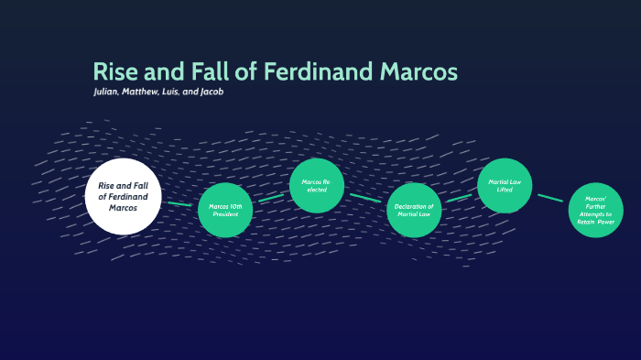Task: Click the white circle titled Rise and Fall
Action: pyautogui.click(x=124, y=196)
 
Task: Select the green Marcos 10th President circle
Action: pyautogui.click(x=224, y=210)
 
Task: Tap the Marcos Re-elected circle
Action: pyautogui.click(x=316, y=186)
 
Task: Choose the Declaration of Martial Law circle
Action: pyautogui.click(x=414, y=211)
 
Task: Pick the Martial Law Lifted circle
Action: pyautogui.click(x=505, y=186)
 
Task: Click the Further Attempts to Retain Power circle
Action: pyautogui.click(x=595, y=211)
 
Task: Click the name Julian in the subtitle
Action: pyautogui.click(x=109, y=93)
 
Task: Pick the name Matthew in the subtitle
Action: pyautogui.click(x=151, y=93)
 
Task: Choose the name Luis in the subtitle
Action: pyautogui.click(x=187, y=93)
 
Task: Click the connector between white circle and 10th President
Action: pyautogui.click(x=179, y=204)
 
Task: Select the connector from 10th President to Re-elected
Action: pyautogui.click(x=271, y=197)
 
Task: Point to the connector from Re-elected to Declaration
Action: pyautogui.click(x=365, y=198)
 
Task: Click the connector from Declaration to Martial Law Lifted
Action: pyautogui.click(x=459, y=197)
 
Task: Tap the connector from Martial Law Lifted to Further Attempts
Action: pyautogui.click(x=550, y=198)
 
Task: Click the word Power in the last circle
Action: pyautogui.click(x=608, y=223)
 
